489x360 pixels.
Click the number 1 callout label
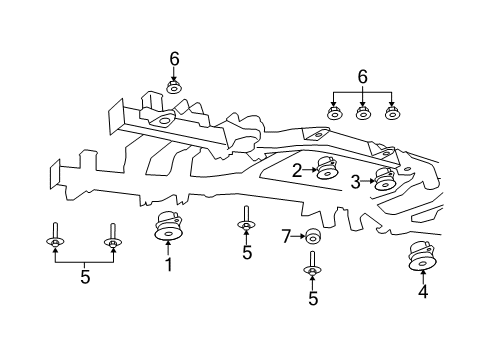[x=169, y=265]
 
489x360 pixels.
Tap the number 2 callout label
[x=297, y=171]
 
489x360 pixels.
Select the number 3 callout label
[x=355, y=181]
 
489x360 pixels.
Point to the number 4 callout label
[x=423, y=292]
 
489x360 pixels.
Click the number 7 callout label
[x=285, y=236]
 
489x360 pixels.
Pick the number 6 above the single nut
[x=174, y=59]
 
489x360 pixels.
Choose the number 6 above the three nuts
[x=362, y=75]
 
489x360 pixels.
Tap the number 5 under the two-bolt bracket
[x=85, y=277]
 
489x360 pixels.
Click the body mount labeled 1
[x=168, y=228]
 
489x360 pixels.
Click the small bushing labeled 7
[x=312, y=236]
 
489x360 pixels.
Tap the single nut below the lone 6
[x=174, y=88]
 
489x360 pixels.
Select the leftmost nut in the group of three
[x=335, y=114]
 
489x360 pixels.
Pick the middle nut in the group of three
[x=363, y=114]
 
